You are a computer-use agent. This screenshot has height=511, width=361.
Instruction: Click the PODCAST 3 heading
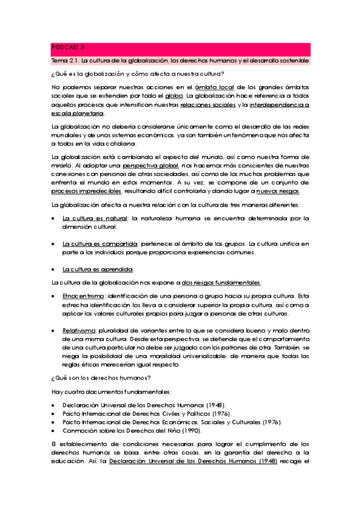(67, 46)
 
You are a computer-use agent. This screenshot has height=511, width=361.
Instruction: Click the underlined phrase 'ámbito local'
(216, 87)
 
